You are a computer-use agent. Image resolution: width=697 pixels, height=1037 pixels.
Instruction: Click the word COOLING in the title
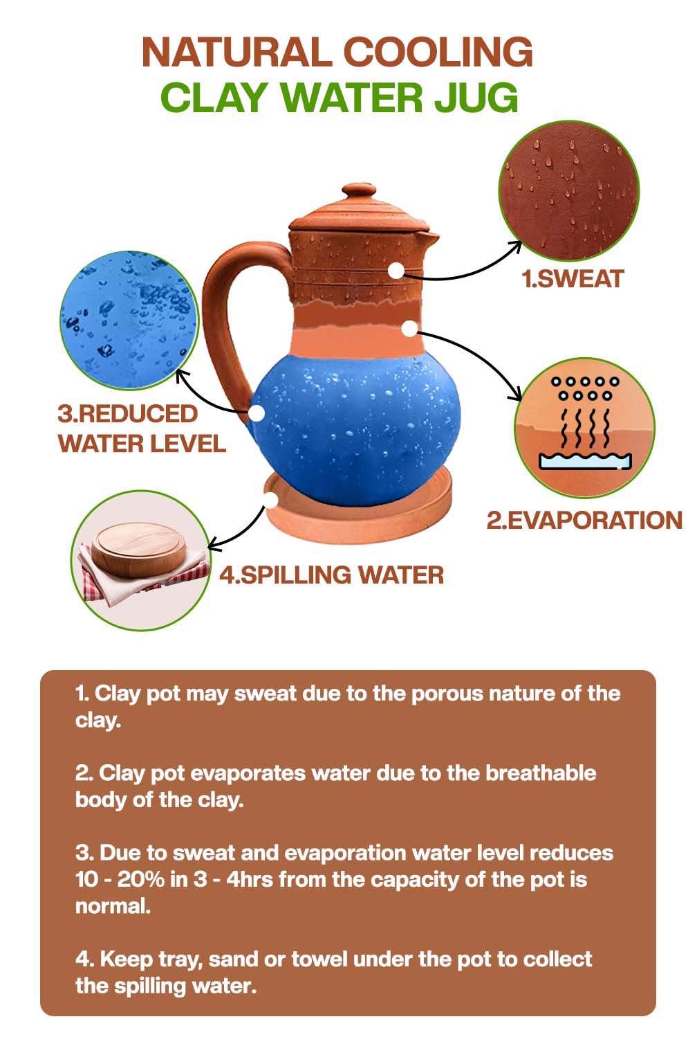[438, 53]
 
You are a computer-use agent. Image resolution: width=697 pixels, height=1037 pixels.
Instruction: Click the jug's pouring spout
[430, 238]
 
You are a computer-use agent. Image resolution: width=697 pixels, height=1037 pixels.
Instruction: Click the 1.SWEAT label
[572, 279]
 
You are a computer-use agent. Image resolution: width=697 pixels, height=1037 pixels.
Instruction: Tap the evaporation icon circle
[584, 427]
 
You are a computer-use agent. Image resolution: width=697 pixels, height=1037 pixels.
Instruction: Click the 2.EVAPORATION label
[584, 520]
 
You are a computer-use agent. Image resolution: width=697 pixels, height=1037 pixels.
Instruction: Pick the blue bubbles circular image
[129, 321]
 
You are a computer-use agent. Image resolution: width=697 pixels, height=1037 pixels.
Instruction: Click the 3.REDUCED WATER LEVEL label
[142, 429]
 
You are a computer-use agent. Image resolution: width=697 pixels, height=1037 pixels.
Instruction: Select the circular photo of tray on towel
[140, 559]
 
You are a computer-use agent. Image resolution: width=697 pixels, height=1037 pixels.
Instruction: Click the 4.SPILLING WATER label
[331, 575]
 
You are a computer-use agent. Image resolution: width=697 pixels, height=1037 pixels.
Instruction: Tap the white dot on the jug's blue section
[257, 413]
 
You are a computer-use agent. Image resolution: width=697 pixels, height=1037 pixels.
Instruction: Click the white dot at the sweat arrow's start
[396, 271]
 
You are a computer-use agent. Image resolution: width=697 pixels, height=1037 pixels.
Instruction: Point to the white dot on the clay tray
[271, 498]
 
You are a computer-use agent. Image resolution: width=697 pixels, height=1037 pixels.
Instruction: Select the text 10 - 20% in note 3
[120, 879]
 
